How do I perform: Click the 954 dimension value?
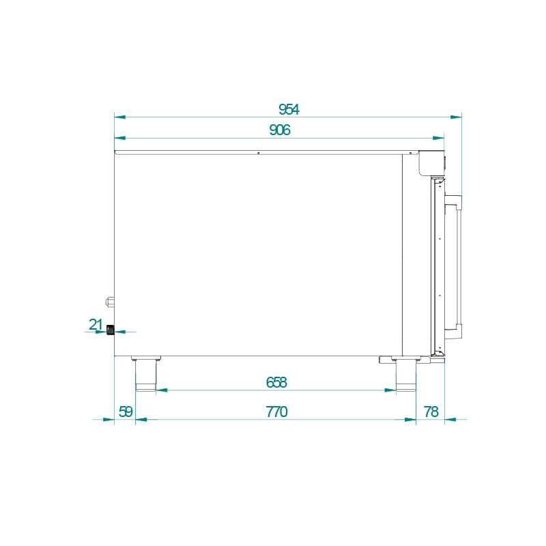click(x=289, y=109)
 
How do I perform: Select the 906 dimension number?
click(x=280, y=130)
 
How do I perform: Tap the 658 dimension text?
click(x=276, y=382)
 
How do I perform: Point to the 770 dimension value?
click(x=276, y=412)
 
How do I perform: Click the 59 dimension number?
click(x=126, y=412)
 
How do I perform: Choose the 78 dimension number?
click(x=431, y=412)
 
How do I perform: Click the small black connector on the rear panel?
click(x=110, y=331)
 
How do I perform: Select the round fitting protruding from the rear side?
click(x=109, y=300)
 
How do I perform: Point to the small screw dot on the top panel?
click(x=259, y=154)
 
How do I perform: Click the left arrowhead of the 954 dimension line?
click(x=119, y=117)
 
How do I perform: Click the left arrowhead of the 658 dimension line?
click(x=161, y=390)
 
